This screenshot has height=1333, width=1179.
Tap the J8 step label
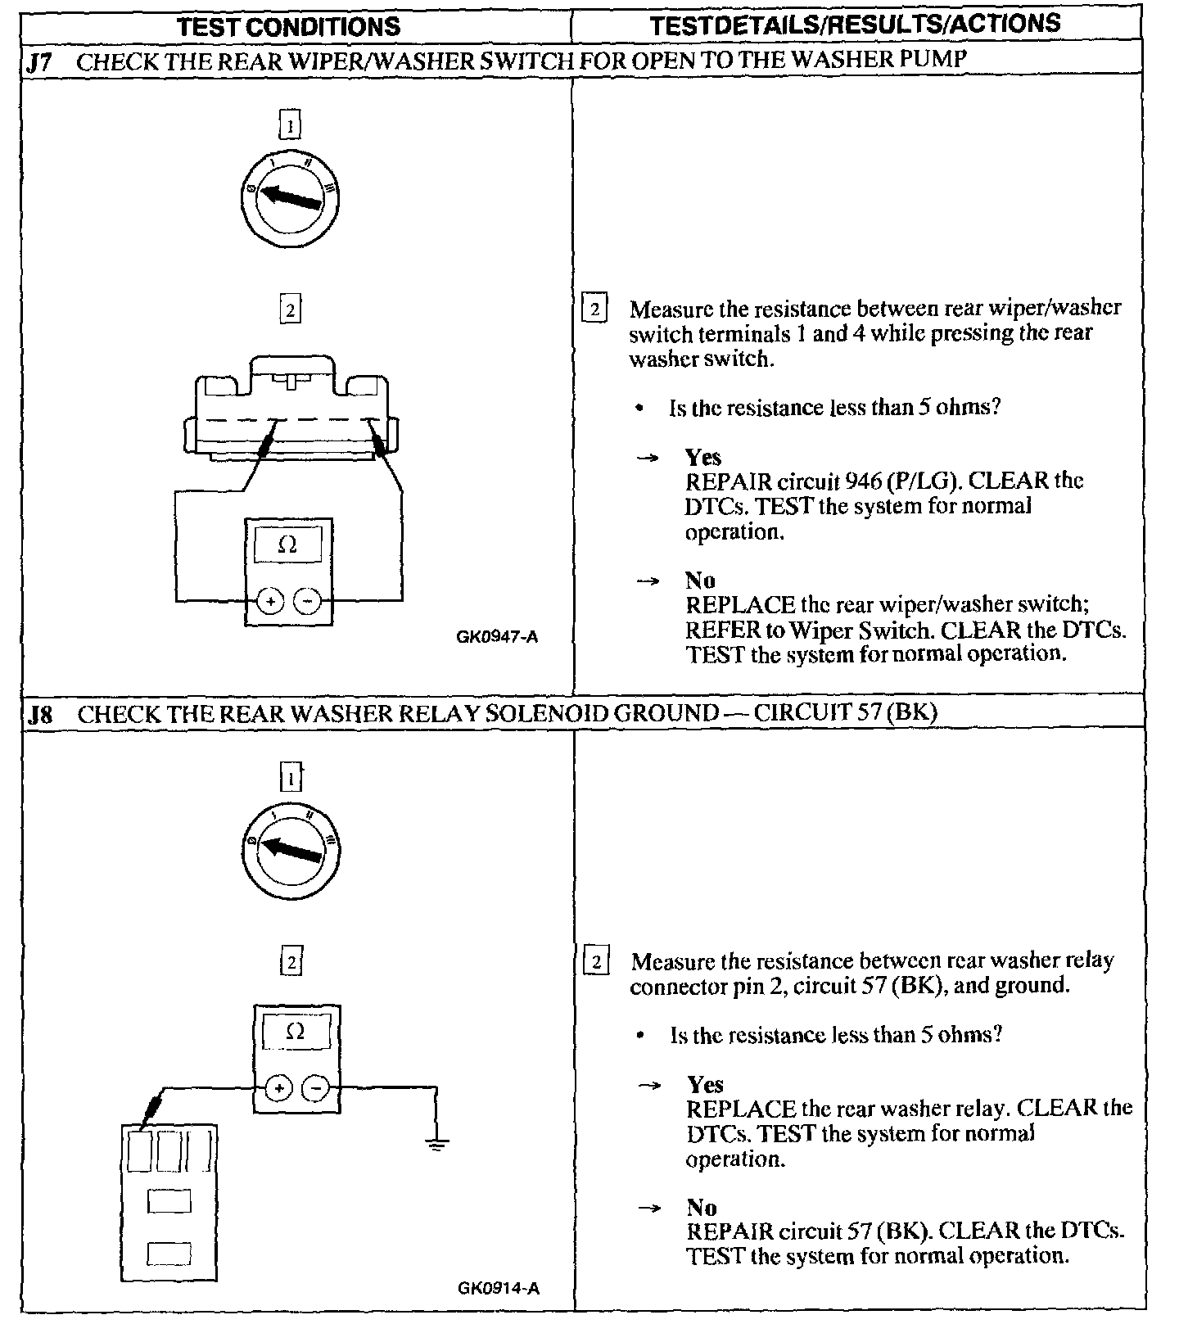coord(39,714)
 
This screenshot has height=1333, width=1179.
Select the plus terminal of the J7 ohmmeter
coord(270,601)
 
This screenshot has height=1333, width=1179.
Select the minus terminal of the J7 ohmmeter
coord(307,601)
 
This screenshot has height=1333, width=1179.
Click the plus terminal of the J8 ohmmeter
coord(278,1088)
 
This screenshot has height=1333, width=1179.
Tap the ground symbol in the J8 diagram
coord(436,1143)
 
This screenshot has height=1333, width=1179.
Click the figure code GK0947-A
coord(497,637)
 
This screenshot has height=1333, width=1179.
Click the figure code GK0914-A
coord(498,1288)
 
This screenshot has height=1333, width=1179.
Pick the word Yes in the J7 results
coord(703,457)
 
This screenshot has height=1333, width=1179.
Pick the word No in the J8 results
coord(702,1207)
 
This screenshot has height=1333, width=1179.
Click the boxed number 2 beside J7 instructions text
coord(594,310)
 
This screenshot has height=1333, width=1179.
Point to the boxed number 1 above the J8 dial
coord(291,777)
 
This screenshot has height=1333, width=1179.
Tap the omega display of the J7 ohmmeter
coord(287,545)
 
